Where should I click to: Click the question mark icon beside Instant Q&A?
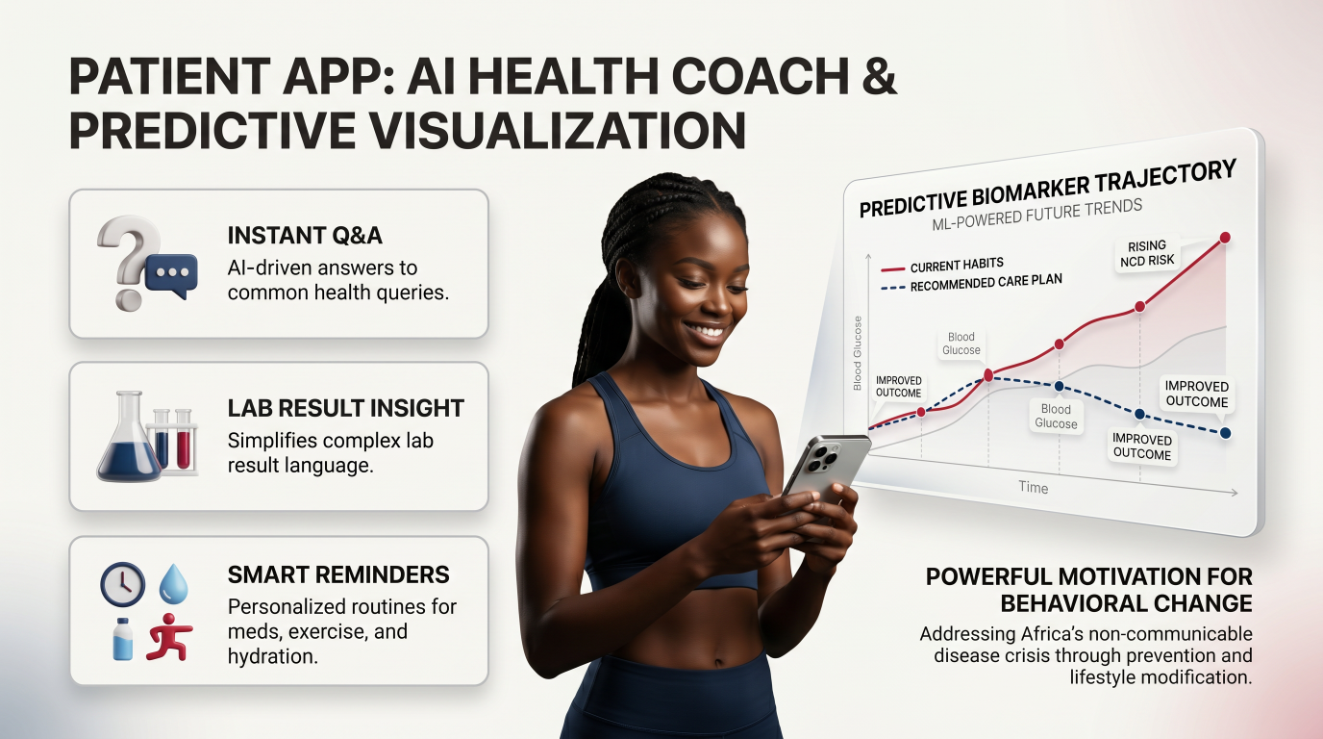click(x=127, y=260)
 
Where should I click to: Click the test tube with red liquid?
click(x=184, y=441)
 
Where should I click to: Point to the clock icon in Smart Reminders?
click(x=123, y=584)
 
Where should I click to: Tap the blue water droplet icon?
click(x=174, y=583)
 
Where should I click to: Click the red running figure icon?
click(x=169, y=636)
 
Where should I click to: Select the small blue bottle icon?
click(x=122, y=639)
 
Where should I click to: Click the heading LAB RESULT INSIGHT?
click(x=346, y=409)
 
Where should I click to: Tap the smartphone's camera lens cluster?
click(x=821, y=456)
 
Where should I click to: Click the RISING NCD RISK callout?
click(x=1147, y=254)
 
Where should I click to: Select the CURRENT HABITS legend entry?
click(x=942, y=266)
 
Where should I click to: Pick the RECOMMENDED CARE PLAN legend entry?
click(x=971, y=283)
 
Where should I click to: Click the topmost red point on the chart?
click(x=1225, y=238)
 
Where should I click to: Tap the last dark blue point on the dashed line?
click(x=1226, y=433)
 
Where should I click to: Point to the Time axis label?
click(x=1033, y=487)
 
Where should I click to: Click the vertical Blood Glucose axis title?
click(x=858, y=353)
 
